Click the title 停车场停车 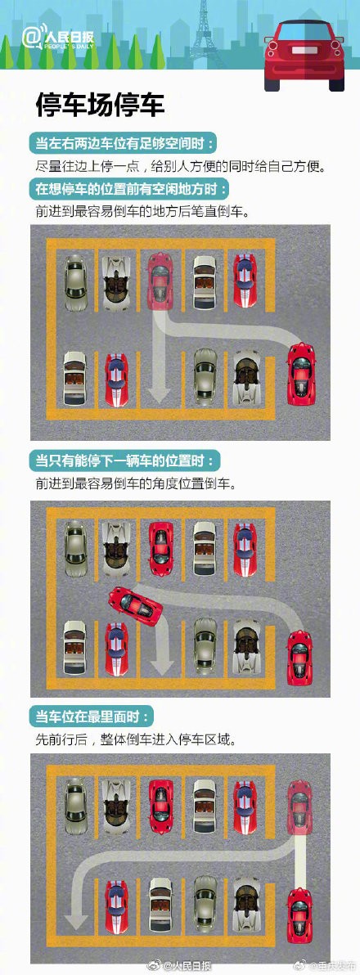coord(100,105)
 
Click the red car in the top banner coord(304,55)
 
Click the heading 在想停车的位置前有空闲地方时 coord(131,187)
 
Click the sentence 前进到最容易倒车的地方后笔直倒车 coord(142,210)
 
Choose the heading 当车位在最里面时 coord(92,717)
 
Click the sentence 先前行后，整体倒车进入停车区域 coord(136,739)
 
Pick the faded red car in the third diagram coord(299,807)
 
